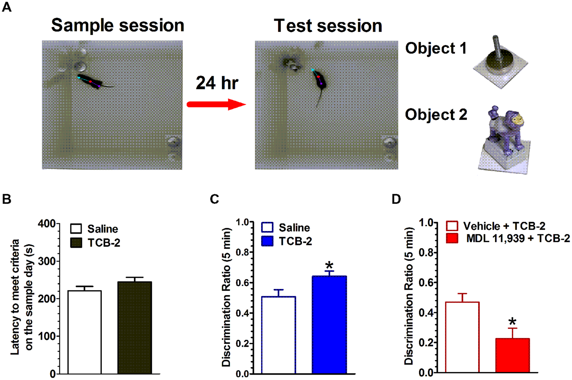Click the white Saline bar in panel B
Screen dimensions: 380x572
[84, 332]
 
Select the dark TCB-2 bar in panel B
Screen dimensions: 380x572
[135, 327]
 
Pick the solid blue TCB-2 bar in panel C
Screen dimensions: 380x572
[329, 324]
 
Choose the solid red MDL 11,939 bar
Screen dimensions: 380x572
[513, 355]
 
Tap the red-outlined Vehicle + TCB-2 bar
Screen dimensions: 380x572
[462, 337]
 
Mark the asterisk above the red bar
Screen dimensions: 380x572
[513, 322]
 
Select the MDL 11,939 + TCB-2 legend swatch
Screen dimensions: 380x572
[452, 239]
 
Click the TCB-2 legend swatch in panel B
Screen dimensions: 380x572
[76, 243]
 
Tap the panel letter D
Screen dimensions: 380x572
[397, 199]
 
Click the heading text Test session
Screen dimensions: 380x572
[328, 26]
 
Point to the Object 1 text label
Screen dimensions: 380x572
[435, 48]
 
